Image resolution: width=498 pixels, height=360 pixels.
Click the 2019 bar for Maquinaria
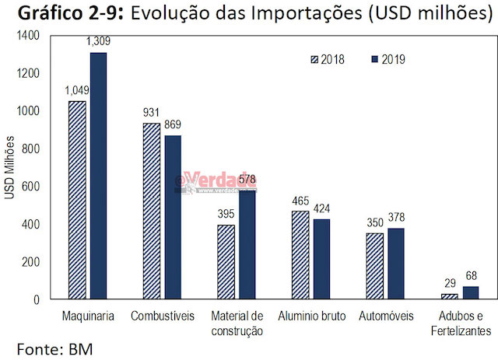click(x=98, y=176)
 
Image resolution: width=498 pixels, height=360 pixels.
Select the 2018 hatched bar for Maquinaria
click(x=77, y=200)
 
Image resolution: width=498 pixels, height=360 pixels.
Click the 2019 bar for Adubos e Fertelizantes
click(x=472, y=292)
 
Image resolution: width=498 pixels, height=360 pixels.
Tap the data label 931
click(x=151, y=113)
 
